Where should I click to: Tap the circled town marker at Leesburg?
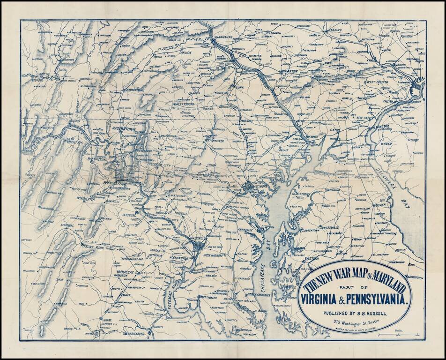pos(136,212)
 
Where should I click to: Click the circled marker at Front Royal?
pos(82,245)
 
